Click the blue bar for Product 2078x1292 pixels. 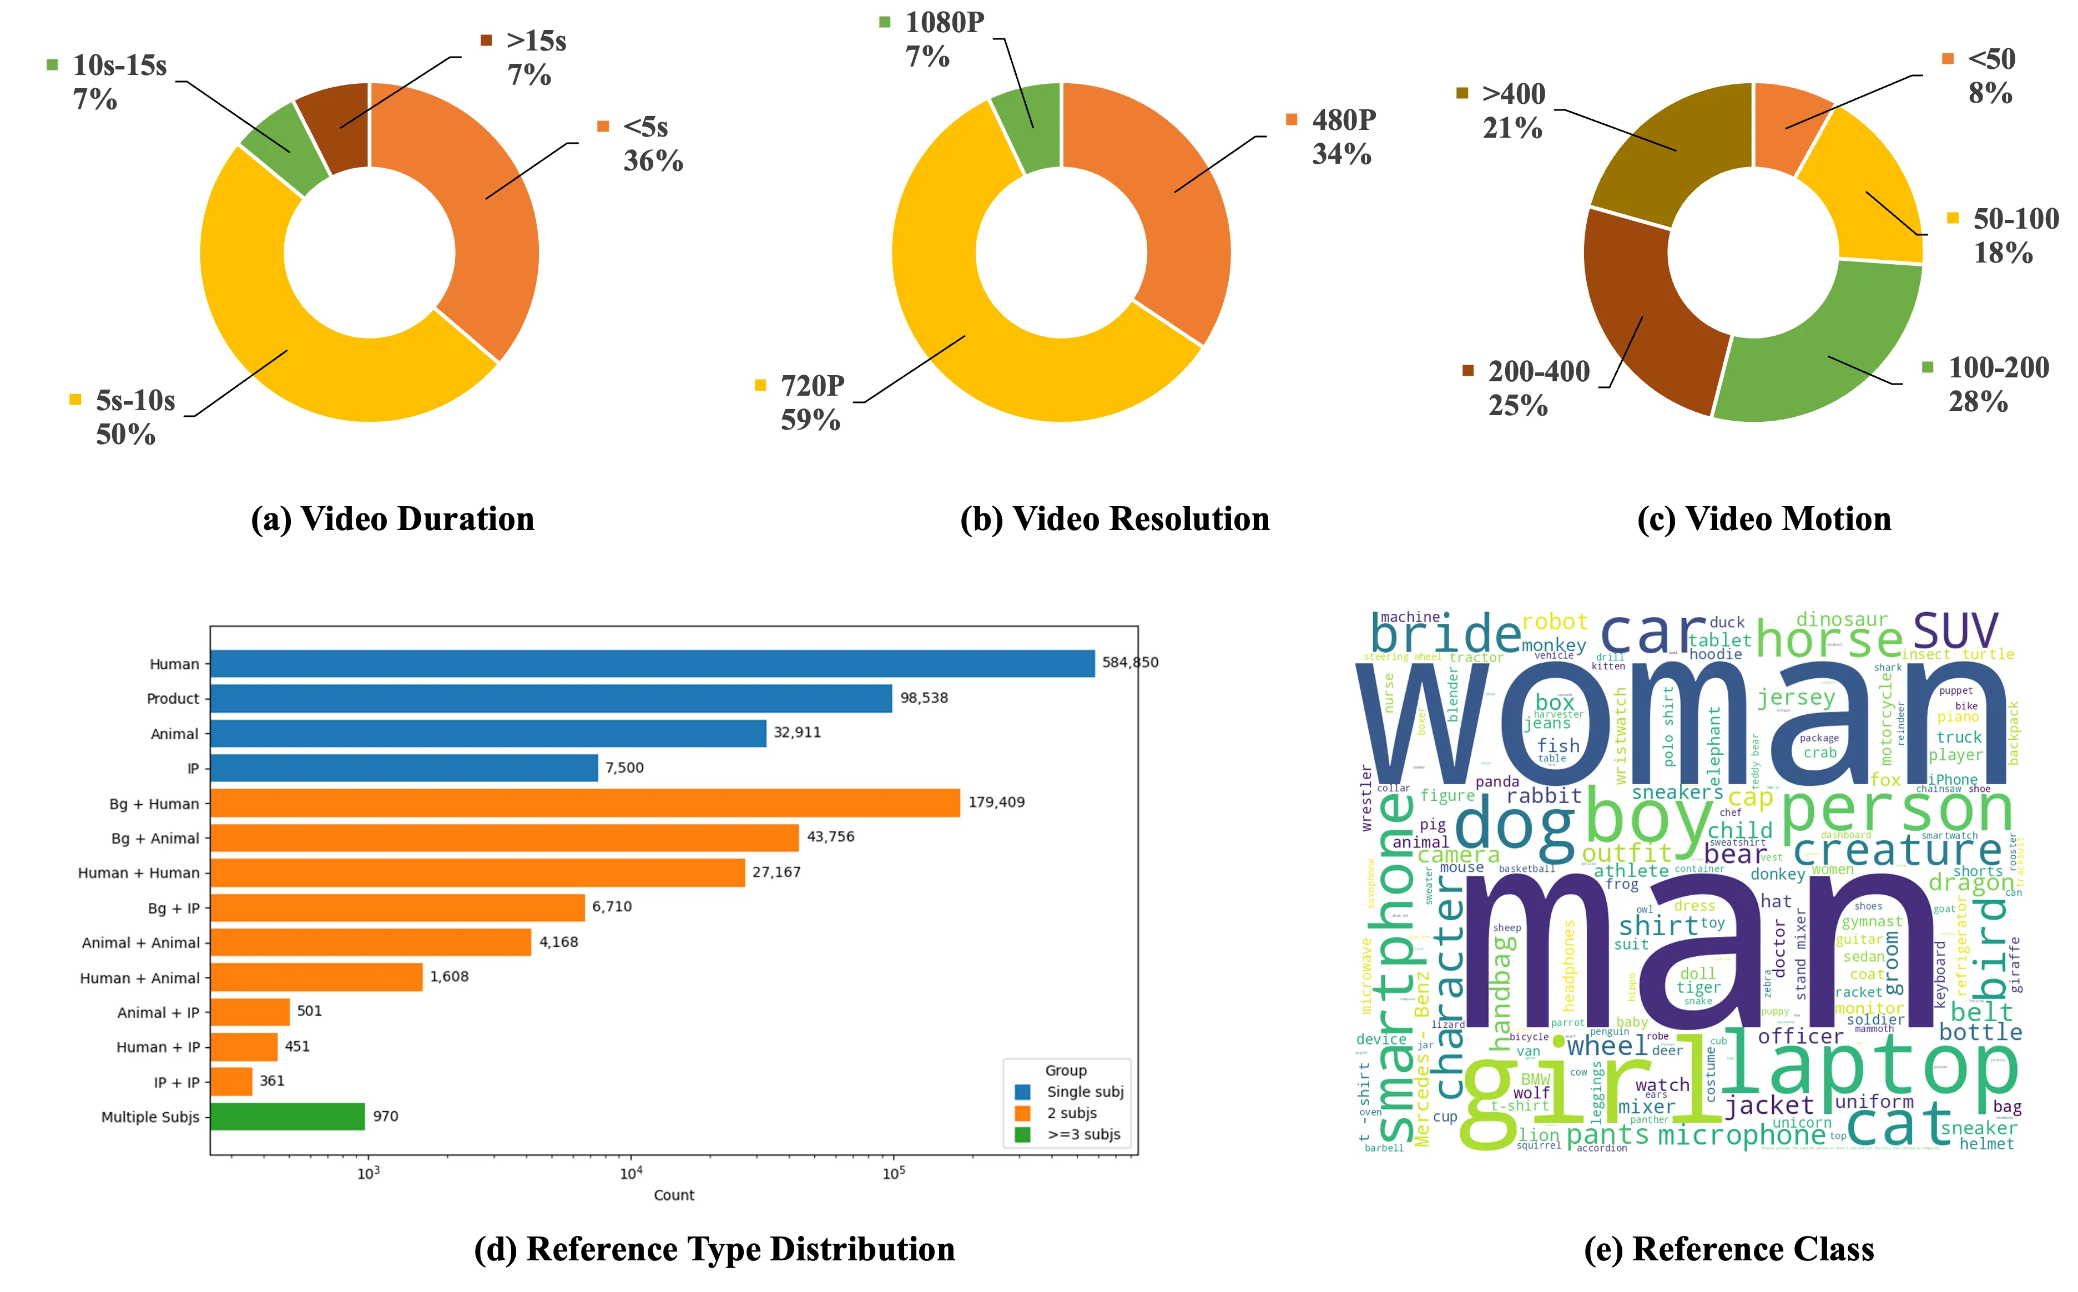click(551, 698)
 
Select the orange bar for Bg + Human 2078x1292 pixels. click(586, 803)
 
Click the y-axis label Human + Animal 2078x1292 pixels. click(139, 977)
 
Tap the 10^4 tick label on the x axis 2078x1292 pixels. click(631, 1173)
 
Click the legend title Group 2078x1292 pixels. click(1066, 1071)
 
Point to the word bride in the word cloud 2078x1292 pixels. click(1446, 637)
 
